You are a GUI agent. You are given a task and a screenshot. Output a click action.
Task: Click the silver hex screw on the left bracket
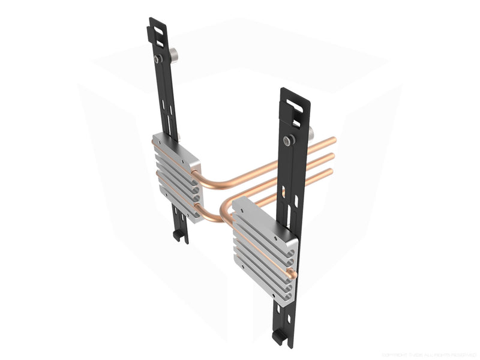(x=157, y=59)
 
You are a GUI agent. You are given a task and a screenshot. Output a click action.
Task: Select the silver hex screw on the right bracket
(x=289, y=140)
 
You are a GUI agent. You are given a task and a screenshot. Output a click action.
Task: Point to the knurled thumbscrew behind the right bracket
(x=310, y=134)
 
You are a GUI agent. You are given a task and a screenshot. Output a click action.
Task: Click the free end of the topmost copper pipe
(x=333, y=140)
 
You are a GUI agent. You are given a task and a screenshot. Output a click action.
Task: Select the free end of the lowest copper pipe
(x=329, y=172)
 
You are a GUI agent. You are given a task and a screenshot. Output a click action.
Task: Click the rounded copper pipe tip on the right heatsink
(x=293, y=274)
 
